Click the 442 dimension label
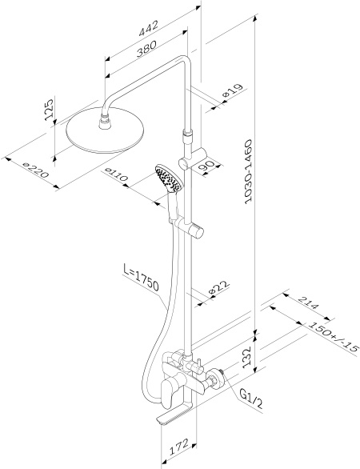[148, 28]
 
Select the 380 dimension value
[146, 49]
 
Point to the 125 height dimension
[49, 110]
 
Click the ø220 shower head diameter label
[35, 170]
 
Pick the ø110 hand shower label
[117, 175]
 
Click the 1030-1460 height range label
[249, 172]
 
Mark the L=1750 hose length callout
[141, 278]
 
